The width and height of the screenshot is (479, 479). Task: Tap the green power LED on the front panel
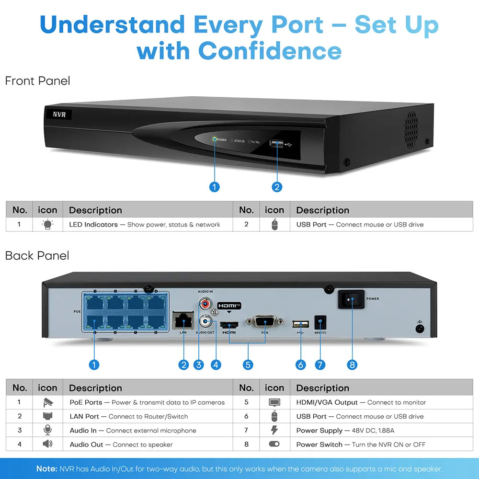click(215, 140)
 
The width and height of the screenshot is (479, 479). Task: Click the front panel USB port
click(276, 143)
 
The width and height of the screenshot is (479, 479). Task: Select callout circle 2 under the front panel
click(277, 187)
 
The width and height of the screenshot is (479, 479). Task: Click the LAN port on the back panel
click(182, 320)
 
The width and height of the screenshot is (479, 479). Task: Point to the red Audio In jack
click(205, 303)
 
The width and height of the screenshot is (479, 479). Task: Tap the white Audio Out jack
click(206, 321)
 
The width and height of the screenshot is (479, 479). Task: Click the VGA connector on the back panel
click(265, 322)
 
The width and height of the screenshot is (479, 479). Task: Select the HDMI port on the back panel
click(229, 325)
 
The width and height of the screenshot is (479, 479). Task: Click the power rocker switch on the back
click(352, 299)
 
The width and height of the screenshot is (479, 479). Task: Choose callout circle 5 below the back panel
click(248, 365)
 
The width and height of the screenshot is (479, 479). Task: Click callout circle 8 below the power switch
click(352, 365)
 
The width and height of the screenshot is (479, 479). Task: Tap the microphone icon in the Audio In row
click(47, 430)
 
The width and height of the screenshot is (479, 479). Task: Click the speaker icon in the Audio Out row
click(47, 444)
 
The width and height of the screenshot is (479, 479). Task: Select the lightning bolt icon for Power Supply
click(274, 430)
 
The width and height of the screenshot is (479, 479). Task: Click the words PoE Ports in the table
click(86, 402)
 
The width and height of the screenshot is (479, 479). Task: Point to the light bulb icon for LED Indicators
click(47, 225)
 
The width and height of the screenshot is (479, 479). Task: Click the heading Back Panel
click(37, 256)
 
